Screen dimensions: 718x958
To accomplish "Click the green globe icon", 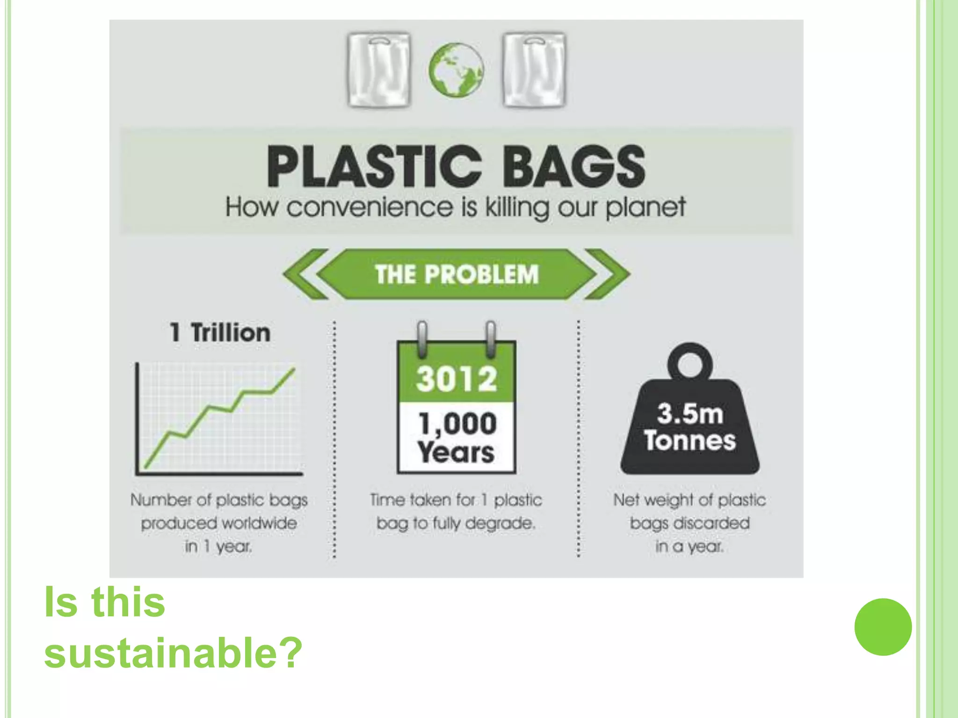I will click(x=456, y=70).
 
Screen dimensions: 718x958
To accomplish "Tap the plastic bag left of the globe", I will click(x=379, y=70).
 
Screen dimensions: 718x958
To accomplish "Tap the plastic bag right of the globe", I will click(x=534, y=70).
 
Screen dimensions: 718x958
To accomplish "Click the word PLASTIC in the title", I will click(x=374, y=167).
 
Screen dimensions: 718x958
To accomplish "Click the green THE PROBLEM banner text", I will click(x=457, y=274).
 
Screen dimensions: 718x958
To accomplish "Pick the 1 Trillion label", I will click(x=220, y=333).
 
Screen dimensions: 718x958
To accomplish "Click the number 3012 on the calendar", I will click(x=456, y=379).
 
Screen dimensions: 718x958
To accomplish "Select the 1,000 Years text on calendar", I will click(x=456, y=438).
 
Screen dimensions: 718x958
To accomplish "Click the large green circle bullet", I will click(x=883, y=627).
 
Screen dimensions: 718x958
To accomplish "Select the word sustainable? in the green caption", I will click(x=173, y=653).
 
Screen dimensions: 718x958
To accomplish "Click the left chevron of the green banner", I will click(x=305, y=274).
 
